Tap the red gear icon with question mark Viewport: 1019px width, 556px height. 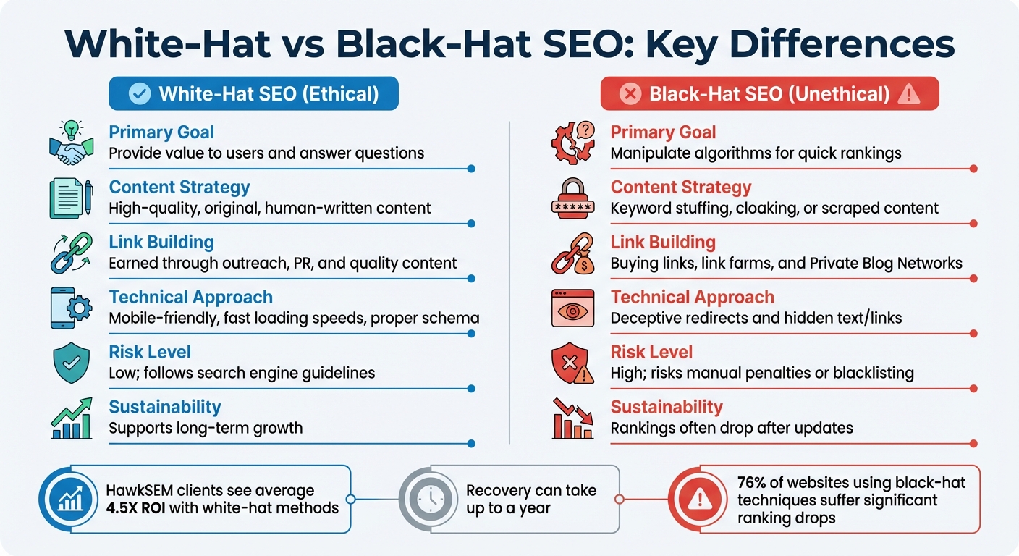coord(572,142)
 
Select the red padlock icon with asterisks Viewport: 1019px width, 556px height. coord(572,197)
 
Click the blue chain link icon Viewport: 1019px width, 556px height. coord(71,252)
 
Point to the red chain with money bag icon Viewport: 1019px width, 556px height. coord(572,252)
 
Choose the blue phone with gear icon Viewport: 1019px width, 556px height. coord(71,307)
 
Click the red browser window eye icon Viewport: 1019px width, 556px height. coord(572,307)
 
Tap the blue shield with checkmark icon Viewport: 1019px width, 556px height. coord(71,362)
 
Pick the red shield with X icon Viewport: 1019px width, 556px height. coord(572,362)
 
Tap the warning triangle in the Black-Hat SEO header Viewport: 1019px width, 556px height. coord(908,94)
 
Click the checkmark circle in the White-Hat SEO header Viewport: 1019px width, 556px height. coord(138,94)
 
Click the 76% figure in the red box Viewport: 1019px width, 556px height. coord(752,483)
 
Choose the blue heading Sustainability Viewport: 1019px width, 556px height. coord(164,407)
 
